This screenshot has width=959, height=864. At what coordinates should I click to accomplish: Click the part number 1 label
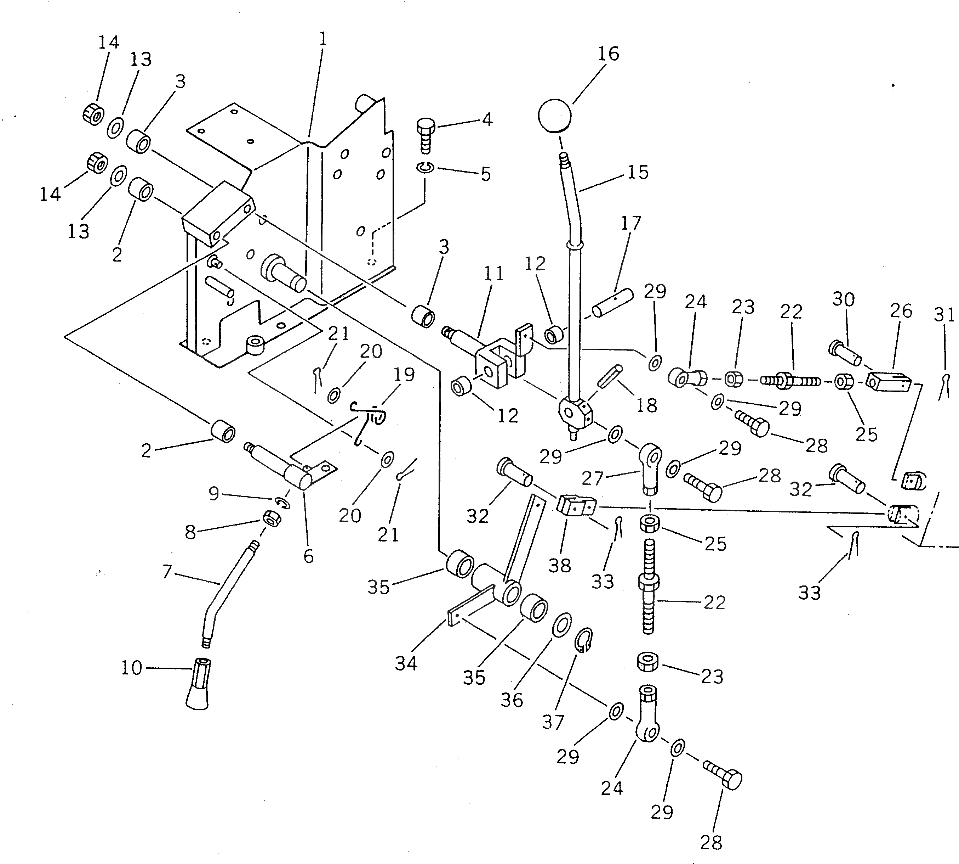coord(322,39)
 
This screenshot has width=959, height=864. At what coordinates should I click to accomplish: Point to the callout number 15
coord(638,172)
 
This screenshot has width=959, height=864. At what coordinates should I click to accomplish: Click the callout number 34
coord(406,663)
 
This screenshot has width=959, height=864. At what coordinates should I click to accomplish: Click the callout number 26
coord(901,311)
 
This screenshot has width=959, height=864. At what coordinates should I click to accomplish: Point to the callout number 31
coord(944,315)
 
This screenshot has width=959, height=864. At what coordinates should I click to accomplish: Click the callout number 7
coord(166,572)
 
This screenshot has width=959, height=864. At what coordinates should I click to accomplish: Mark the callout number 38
coord(560,565)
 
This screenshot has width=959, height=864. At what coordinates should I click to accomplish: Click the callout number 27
coord(592,478)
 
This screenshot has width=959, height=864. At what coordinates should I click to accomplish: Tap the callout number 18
coord(646,405)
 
